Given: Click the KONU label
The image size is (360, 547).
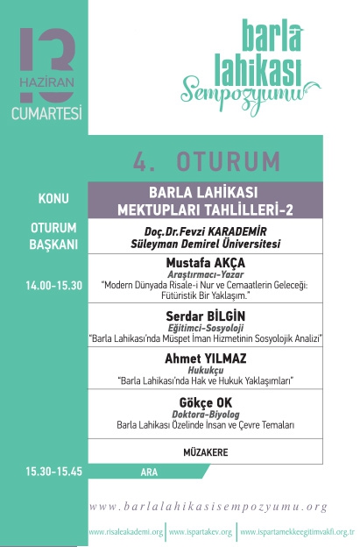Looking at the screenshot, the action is click(53, 198).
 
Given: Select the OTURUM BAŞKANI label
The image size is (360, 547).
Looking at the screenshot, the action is click(53, 235).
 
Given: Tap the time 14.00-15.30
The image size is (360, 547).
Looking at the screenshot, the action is click(53, 284).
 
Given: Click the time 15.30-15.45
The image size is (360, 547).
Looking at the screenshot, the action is click(53, 471).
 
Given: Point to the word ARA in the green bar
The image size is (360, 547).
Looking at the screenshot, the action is click(149, 472).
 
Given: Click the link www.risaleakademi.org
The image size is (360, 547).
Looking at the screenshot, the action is click(126, 532).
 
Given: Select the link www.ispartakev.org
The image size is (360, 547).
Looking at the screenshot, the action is click(201, 532).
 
